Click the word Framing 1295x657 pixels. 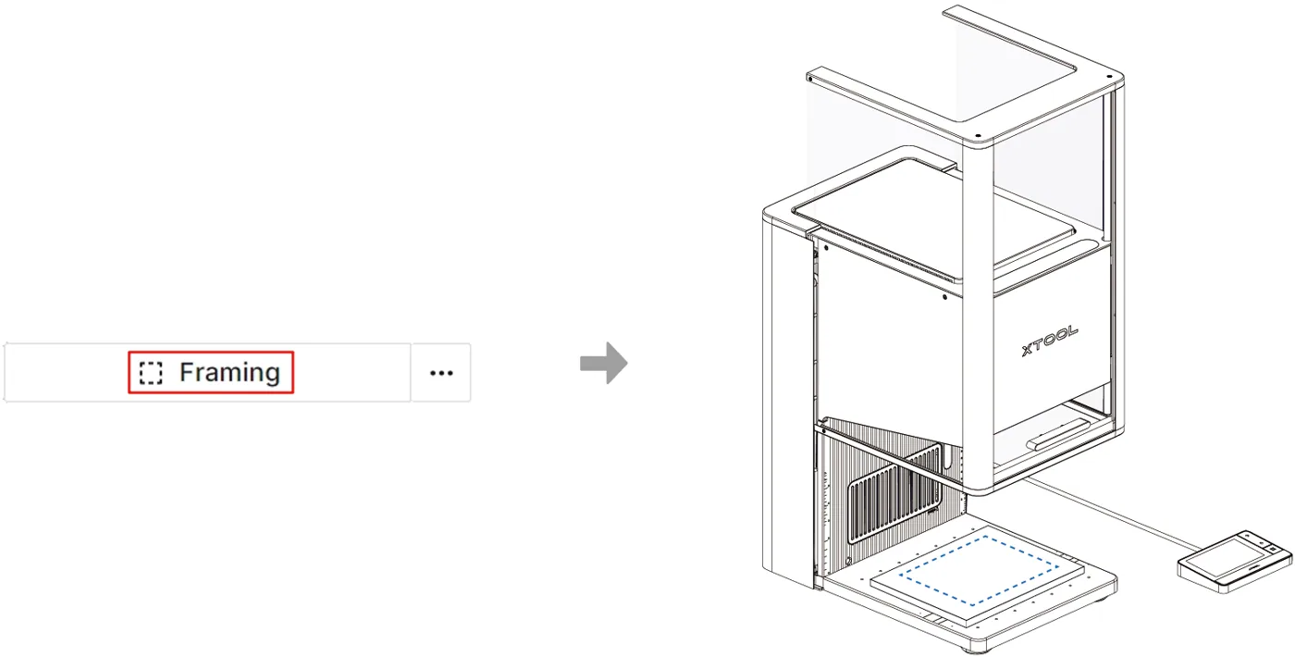(229, 372)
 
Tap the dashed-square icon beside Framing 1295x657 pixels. (151, 373)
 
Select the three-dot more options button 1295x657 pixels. (441, 373)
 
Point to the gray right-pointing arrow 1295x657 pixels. (603, 363)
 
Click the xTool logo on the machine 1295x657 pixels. (1050, 341)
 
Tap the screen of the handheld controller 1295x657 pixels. (1225, 557)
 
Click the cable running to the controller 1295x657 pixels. (1110, 514)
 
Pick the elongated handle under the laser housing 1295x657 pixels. (1058, 434)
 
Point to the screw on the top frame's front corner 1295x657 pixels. (978, 137)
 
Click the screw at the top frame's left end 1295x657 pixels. (810, 79)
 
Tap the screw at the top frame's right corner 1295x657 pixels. (1109, 76)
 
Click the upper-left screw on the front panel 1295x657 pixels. (827, 248)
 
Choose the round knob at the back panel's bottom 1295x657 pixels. (848, 561)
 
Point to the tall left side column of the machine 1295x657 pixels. (786, 399)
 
